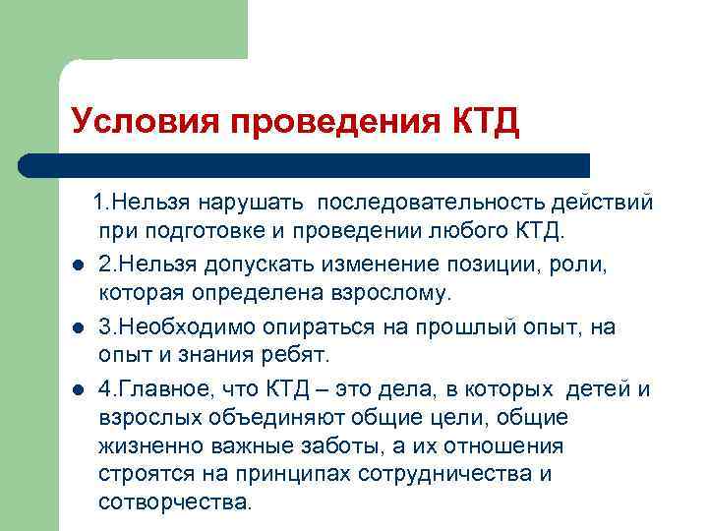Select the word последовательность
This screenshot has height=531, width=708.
pos(429,205)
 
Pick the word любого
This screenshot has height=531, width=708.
pos(465,233)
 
